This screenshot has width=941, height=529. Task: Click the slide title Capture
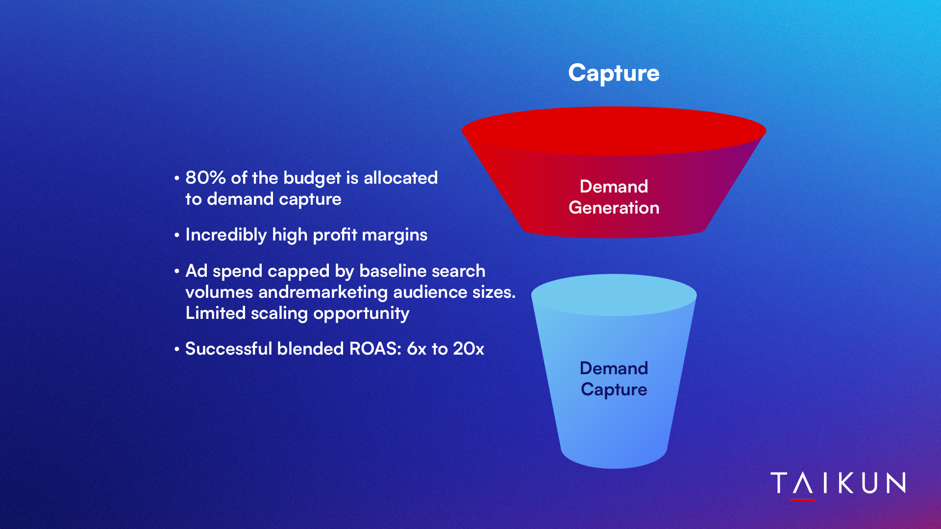614,73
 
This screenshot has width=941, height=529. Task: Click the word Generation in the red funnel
614,208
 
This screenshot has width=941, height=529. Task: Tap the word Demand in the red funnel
614,187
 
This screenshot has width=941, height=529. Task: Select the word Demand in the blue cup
614,368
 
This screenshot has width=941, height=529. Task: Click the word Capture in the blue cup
614,390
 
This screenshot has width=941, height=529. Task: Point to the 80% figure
205,178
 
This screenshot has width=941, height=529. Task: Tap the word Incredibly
226,235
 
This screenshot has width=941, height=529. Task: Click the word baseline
393,271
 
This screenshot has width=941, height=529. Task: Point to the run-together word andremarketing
323,292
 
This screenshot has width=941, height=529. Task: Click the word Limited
215,313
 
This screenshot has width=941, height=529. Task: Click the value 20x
468,349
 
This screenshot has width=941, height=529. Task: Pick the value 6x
417,349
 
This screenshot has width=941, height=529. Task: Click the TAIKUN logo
838,484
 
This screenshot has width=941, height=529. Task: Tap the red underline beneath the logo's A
803,500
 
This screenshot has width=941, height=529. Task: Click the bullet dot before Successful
177,349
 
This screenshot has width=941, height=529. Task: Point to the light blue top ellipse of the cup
614,295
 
